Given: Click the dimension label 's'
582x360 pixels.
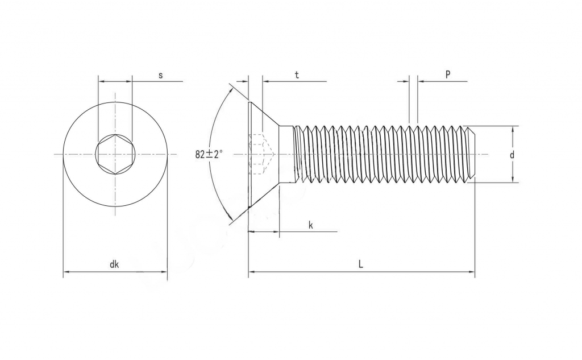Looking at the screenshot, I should (161, 75).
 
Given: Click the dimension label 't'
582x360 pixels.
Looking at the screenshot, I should (297, 75).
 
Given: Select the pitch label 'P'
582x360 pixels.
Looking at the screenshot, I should (448, 75).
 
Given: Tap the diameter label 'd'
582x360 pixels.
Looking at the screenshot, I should (512, 155).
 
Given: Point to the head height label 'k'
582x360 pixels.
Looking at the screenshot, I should (311, 225).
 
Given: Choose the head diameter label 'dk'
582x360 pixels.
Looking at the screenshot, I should (114, 264).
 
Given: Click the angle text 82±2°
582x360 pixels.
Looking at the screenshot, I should (209, 154).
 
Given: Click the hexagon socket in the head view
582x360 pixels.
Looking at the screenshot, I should (115, 154).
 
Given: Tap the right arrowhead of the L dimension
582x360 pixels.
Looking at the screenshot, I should (471, 272).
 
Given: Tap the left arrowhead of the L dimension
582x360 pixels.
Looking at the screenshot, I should (252, 272).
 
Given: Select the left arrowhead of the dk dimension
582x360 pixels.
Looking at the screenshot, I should (66, 272).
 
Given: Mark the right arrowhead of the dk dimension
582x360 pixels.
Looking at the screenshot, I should (164, 272).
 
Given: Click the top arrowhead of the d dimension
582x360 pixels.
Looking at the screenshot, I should (512, 129).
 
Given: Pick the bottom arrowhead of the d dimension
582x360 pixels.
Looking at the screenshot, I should (512, 179).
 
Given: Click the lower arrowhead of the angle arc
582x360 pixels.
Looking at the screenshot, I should (230, 219).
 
